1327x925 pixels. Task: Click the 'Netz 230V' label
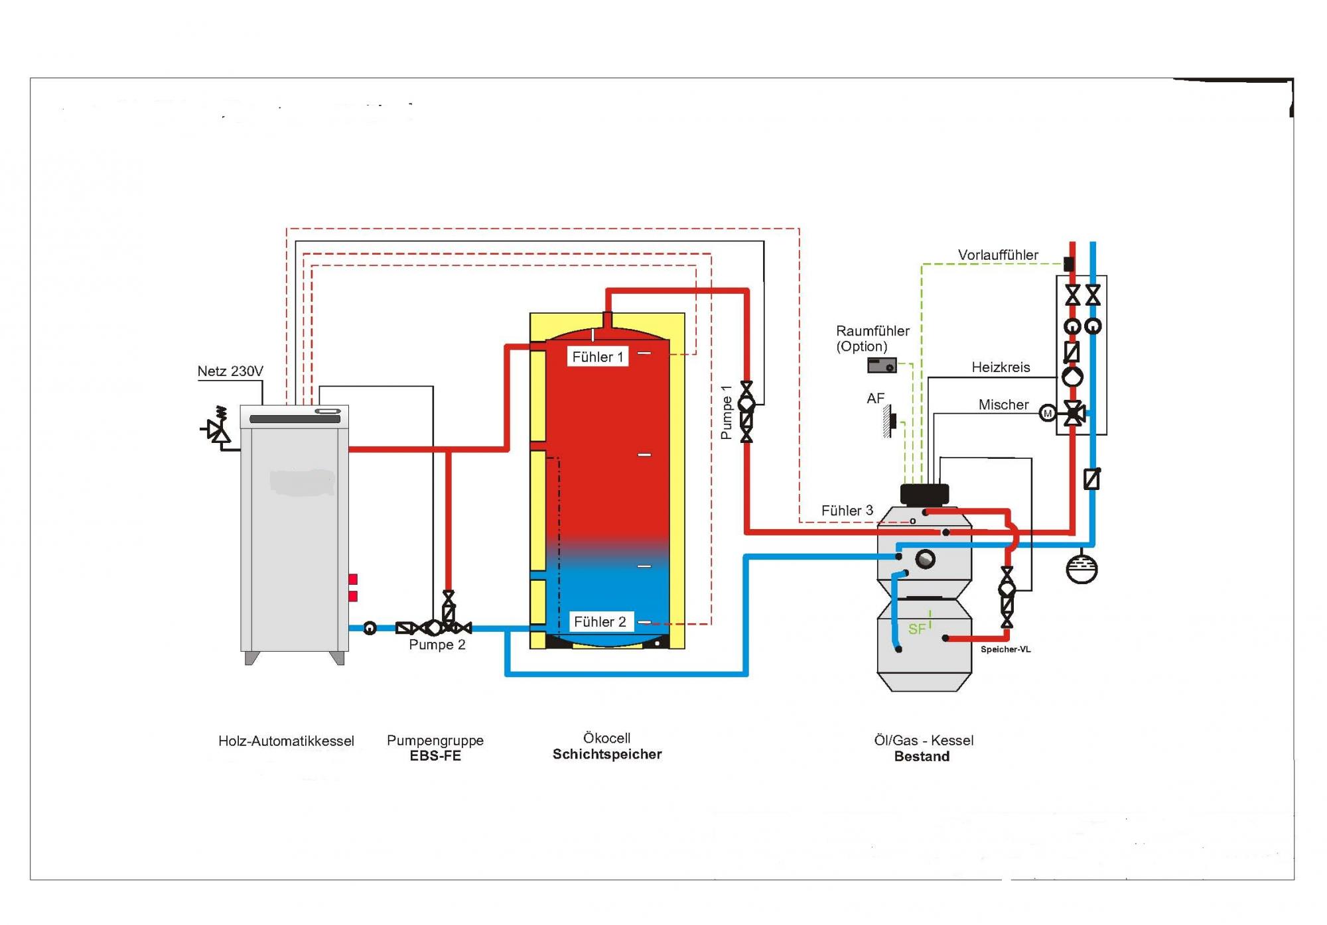pos(230,371)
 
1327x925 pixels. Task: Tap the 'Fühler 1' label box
pos(597,357)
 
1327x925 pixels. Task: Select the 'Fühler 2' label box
pos(600,622)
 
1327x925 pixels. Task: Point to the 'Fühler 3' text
pos(847,511)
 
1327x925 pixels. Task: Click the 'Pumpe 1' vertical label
pos(727,412)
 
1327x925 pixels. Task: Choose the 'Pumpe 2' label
pos(437,645)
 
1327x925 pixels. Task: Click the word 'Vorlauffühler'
pos(998,255)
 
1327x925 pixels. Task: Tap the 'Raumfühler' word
pos(873,331)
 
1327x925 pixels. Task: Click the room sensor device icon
pos(882,365)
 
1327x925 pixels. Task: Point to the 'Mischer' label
pos(1003,404)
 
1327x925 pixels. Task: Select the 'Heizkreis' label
pos(1001,367)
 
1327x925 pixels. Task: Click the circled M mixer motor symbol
pos(1048,414)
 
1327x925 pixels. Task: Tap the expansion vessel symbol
pos(1082,568)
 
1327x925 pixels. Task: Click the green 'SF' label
pos(917,629)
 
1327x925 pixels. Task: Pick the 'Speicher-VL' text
pos(1005,649)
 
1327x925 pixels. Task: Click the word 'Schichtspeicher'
pos(607,755)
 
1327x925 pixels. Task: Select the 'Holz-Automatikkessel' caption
pos(286,741)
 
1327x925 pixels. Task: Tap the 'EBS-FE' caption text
pos(435,757)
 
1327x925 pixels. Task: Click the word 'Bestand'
pos(922,757)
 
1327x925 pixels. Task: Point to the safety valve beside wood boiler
pos(218,429)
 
